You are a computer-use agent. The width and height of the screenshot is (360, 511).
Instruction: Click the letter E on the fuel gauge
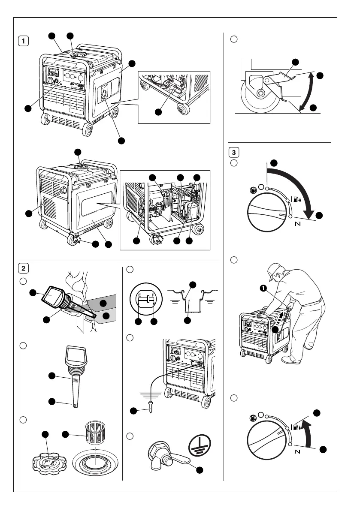(140, 297)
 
